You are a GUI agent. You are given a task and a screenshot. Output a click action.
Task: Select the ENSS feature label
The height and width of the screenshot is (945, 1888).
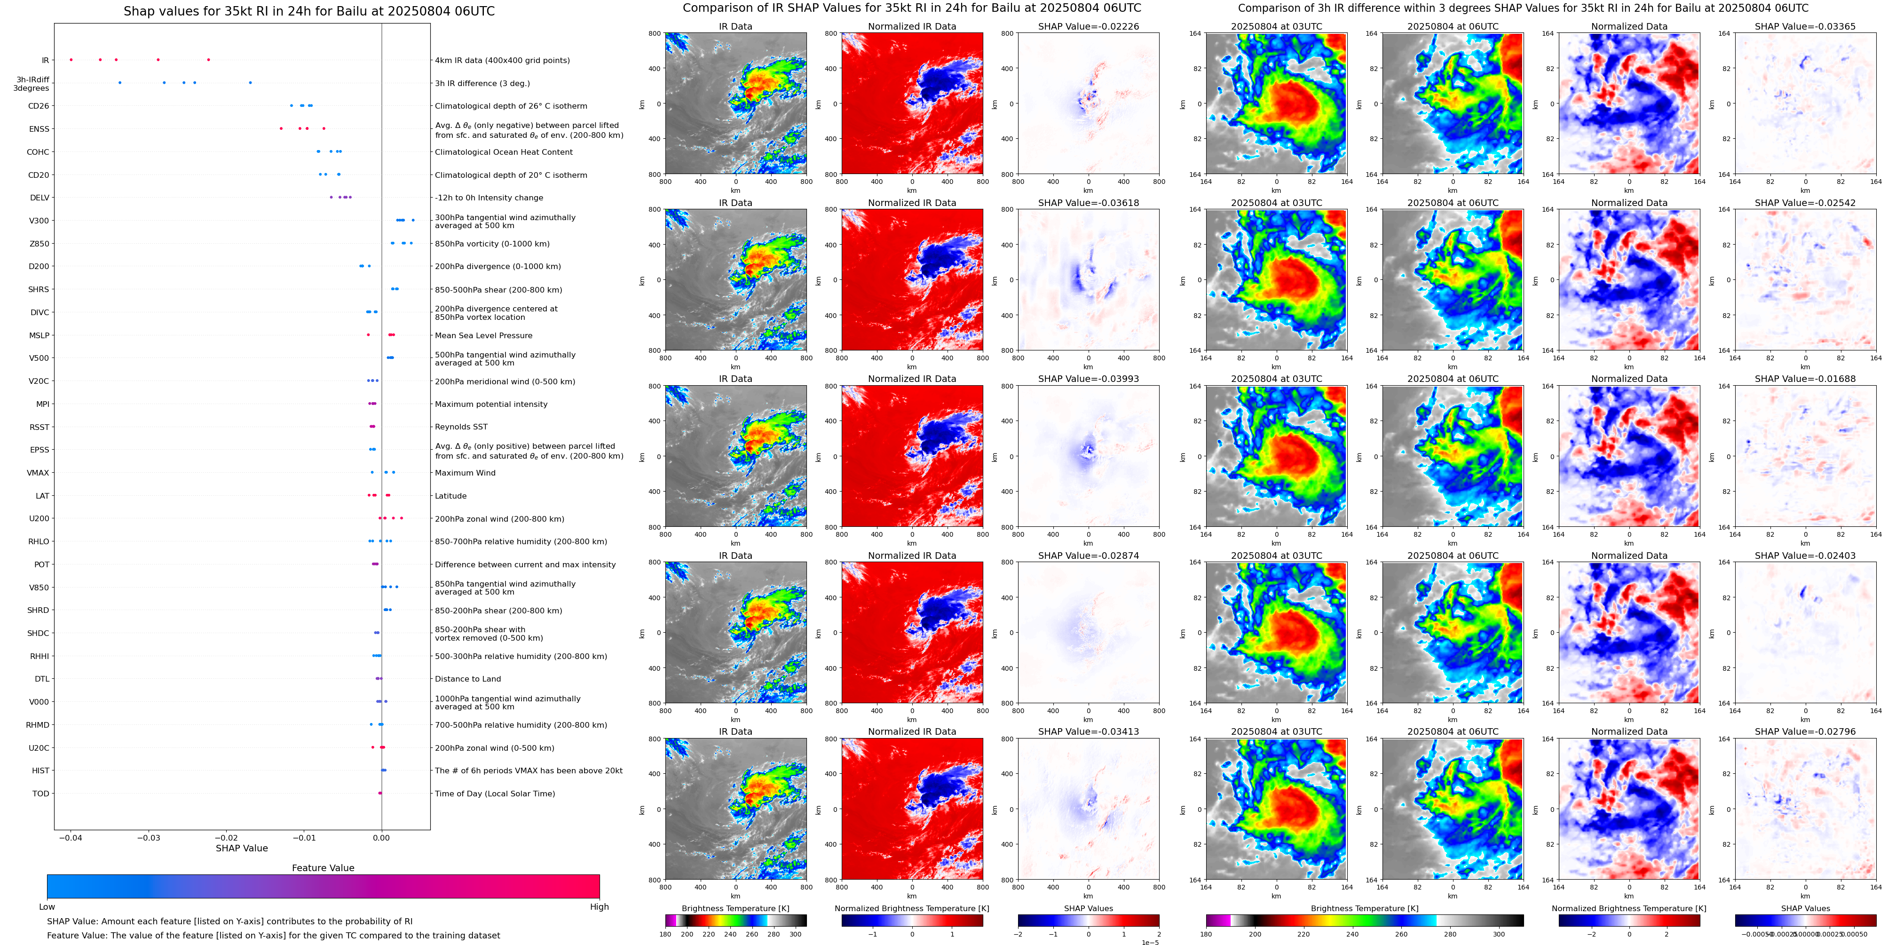(x=39, y=129)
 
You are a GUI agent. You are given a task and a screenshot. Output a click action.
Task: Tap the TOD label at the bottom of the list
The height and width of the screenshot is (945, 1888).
(x=40, y=793)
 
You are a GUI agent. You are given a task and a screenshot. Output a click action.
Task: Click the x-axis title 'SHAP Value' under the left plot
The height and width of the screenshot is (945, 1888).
(x=241, y=848)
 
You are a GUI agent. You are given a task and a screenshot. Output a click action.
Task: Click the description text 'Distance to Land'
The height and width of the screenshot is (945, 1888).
(x=467, y=679)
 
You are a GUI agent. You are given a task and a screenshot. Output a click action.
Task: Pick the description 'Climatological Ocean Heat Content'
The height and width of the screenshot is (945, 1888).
(x=504, y=152)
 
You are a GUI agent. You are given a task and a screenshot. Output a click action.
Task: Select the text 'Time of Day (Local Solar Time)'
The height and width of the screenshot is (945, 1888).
(x=495, y=793)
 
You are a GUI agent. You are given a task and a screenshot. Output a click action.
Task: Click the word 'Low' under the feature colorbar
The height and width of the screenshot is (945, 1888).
(x=47, y=907)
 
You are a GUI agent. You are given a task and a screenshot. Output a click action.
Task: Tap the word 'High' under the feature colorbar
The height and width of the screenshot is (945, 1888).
(x=599, y=907)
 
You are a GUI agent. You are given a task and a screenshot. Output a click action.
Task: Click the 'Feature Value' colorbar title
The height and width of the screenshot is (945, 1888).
(x=323, y=868)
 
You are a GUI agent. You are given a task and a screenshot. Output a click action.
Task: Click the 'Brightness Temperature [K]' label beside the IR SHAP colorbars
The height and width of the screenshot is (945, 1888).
(x=735, y=908)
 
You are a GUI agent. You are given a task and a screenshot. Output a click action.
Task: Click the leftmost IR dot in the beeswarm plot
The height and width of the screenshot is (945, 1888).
(x=71, y=59)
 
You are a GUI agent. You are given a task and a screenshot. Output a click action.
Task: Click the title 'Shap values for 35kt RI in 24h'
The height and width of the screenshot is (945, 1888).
(x=308, y=11)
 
